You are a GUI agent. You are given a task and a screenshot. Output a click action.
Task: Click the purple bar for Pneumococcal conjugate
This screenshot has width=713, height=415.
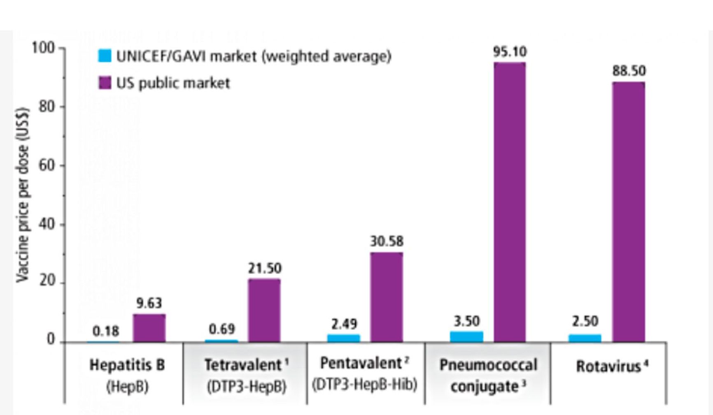510,202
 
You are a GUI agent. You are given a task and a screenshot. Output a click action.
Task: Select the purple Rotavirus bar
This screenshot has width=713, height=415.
628,212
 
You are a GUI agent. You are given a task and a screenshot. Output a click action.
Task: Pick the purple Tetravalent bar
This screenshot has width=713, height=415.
264,311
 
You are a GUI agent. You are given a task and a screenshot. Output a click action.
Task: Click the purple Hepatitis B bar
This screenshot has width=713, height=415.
149,328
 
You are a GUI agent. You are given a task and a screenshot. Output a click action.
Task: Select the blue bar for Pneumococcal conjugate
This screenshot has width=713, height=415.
466,336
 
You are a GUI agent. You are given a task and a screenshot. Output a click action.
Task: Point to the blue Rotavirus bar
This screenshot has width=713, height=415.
585,338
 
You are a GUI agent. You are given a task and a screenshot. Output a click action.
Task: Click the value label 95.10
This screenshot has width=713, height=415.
510,52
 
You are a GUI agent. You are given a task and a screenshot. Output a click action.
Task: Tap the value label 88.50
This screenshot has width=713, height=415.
629,71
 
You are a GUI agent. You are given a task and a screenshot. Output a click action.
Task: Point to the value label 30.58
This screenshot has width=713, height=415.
387,241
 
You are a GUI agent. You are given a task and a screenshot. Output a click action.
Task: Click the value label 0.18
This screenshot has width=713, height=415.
106,331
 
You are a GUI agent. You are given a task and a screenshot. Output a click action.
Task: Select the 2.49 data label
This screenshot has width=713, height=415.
344,324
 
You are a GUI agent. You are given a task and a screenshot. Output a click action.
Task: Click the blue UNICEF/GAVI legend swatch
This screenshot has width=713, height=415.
105,56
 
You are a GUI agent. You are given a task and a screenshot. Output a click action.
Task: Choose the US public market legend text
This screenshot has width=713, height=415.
173,83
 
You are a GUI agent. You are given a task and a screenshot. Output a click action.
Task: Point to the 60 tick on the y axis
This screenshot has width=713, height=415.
47,165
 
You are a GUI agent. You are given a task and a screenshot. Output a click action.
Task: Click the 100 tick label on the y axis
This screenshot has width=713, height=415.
43,48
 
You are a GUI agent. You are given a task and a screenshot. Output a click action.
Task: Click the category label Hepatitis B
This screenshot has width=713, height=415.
127,365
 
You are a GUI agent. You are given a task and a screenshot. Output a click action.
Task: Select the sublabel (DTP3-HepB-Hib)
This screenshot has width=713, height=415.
364,385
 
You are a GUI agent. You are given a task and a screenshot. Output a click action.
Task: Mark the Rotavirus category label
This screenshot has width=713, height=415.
608,366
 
